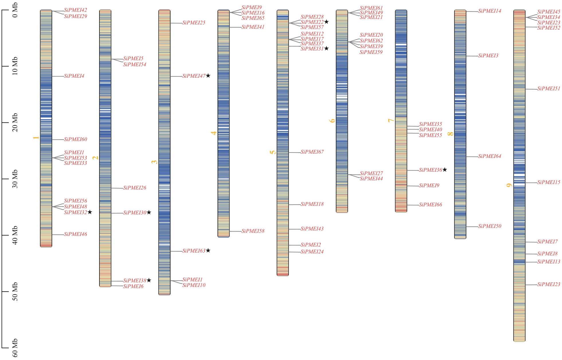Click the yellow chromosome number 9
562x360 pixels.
509,185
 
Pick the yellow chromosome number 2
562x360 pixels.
95,158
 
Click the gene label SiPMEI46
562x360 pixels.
75,234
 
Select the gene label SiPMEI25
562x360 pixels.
194,23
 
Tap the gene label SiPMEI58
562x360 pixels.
253,231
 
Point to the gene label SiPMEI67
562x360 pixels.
312,152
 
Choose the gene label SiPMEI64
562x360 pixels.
489,156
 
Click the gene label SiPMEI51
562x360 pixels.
549,89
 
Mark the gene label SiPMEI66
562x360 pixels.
430,205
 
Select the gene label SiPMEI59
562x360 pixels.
371,52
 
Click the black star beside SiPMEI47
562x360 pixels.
208,76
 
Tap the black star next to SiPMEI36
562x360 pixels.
444,170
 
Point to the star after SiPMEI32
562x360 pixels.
90,212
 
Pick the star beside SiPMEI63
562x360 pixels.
208,251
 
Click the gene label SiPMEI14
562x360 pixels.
489,11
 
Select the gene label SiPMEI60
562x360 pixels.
75,139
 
